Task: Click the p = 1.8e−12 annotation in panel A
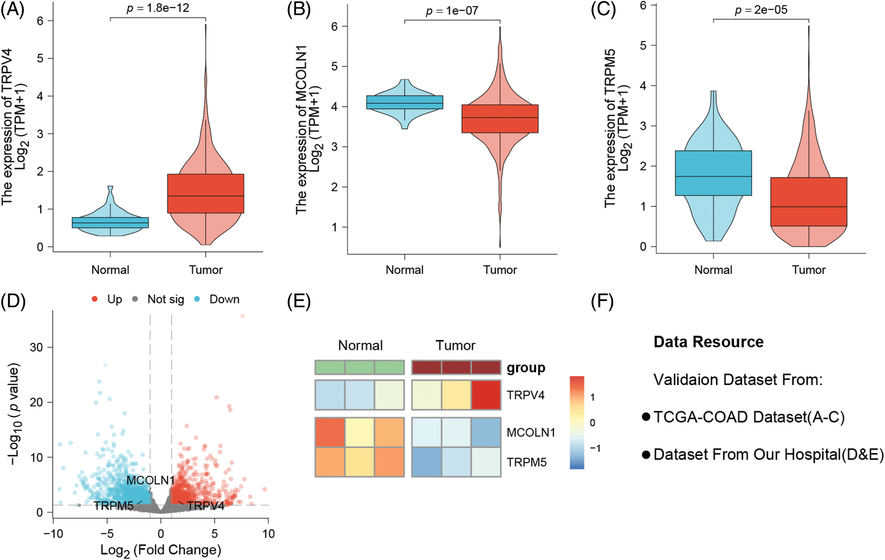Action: click(158, 8)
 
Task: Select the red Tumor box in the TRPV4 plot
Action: click(205, 193)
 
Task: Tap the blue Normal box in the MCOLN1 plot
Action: click(405, 102)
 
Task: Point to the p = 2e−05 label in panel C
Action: click(761, 10)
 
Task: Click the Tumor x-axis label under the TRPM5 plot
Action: click(808, 270)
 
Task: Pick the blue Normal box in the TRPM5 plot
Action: click(713, 173)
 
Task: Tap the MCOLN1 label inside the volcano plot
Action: click(150, 480)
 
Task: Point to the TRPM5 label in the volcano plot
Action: click(114, 506)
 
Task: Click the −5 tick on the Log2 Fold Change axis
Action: click(107, 534)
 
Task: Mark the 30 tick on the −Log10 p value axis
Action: click(36, 348)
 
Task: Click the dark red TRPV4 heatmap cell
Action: click(486, 395)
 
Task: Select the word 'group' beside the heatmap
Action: click(526, 368)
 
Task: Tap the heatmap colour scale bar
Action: click(577, 423)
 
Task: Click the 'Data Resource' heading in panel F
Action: click(708, 342)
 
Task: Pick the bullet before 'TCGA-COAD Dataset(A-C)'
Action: click(646, 417)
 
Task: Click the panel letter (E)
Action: click(298, 302)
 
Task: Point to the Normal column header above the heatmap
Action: click(360, 345)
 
